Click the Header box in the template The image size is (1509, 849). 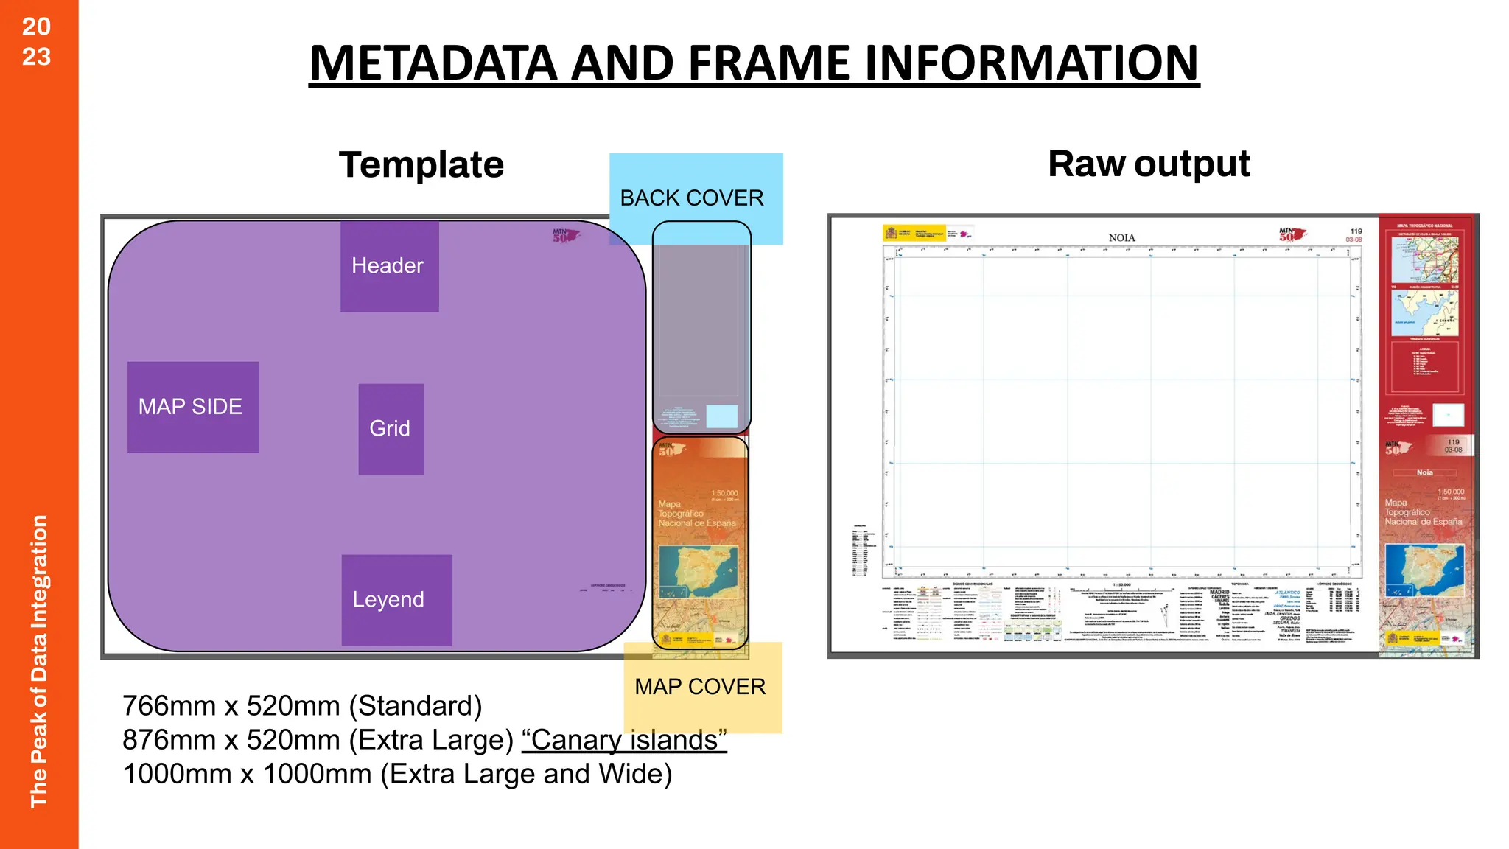pos(389,266)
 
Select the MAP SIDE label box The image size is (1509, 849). pos(192,407)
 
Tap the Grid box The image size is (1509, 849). pos(391,429)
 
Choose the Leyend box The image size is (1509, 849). pos(396,600)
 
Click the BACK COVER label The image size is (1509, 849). pos(692,198)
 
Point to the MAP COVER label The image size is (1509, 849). pos(700,687)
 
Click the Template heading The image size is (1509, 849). pos(421,164)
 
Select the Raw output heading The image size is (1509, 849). pos(1148,164)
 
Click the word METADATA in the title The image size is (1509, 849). pos(433,63)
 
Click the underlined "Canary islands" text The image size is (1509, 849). pos(624,740)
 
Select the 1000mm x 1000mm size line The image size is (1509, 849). pos(397,774)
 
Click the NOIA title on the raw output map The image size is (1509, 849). pos(1121,237)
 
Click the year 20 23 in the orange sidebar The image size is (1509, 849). pos(36,41)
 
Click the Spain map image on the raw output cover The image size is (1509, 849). pos(1424,570)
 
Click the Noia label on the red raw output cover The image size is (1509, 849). pos(1424,472)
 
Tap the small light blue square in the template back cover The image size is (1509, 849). pos(721,416)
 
